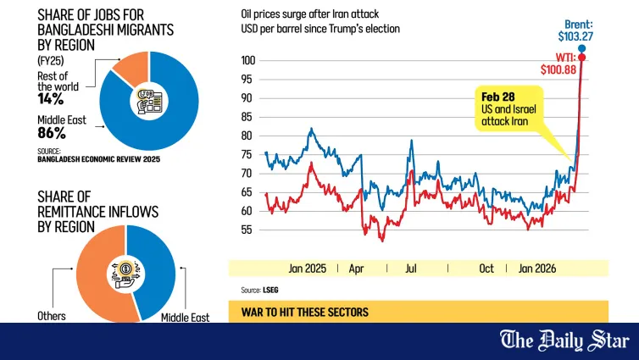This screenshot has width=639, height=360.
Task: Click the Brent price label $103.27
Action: [575, 36]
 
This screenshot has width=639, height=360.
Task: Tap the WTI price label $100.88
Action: [558, 69]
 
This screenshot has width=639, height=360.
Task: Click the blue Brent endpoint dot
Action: [582, 49]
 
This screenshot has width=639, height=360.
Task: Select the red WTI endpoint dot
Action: [582, 58]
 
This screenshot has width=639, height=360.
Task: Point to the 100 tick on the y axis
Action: [247, 60]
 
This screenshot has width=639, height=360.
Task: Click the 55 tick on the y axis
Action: [247, 230]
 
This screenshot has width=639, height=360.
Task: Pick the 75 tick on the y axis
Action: [247, 154]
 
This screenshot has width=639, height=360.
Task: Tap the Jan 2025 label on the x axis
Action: [308, 269]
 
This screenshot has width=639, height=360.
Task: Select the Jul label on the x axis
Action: [411, 269]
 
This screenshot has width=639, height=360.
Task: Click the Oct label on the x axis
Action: [486, 269]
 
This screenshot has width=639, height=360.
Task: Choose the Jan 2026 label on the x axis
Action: [537, 269]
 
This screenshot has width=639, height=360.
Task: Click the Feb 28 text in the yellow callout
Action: [498, 97]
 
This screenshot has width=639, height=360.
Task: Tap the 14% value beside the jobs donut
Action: [51, 98]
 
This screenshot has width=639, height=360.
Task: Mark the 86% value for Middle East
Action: [52, 133]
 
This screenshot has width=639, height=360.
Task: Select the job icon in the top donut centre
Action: [149, 101]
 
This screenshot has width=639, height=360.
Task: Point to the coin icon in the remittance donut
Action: [126, 274]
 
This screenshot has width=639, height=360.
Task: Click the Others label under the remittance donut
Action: [52, 316]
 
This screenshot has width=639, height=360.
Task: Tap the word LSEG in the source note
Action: [270, 290]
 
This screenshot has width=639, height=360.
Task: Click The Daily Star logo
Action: [564, 341]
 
